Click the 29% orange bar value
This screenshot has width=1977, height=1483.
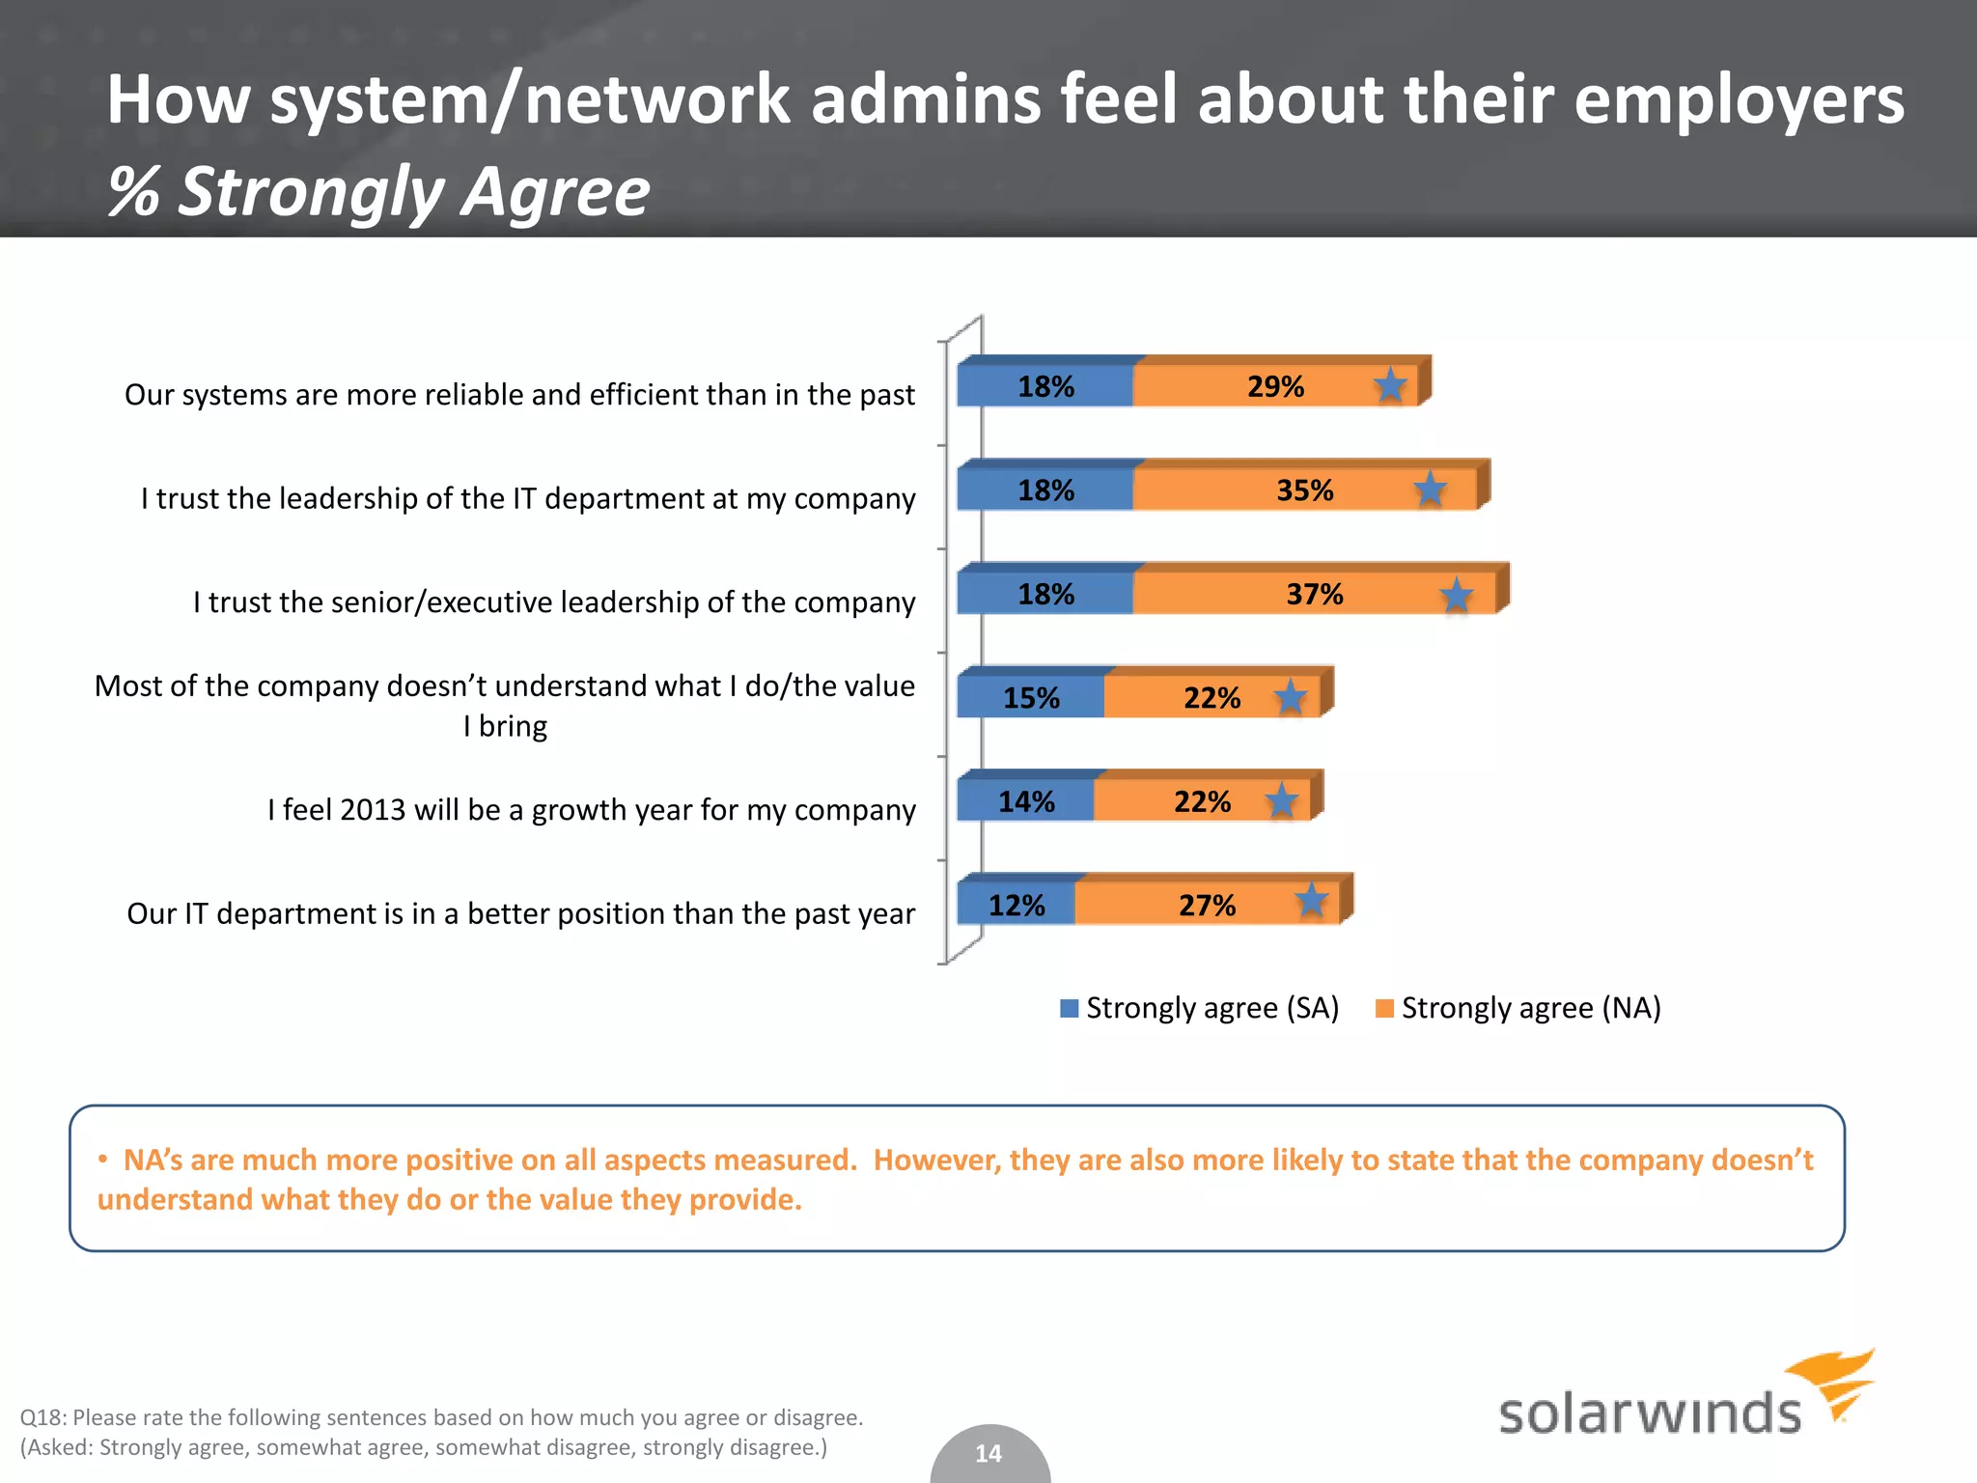click(x=1275, y=387)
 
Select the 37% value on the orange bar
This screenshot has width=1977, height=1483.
click(x=1314, y=595)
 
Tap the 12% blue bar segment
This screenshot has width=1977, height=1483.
click(x=1016, y=905)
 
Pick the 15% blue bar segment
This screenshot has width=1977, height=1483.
click(x=1031, y=698)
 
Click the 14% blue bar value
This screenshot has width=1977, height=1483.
click(x=1026, y=801)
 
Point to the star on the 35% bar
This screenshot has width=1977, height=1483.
click(x=1430, y=490)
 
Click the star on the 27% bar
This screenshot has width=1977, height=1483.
click(x=1311, y=901)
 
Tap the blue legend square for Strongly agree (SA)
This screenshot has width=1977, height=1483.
click(x=1069, y=1008)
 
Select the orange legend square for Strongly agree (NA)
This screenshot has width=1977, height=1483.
click(x=1384, y=1008)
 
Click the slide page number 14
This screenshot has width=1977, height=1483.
click(x=988, y=1453)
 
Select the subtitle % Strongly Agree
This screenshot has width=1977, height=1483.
click(x=378, y=191)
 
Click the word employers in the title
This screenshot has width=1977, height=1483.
click(x=1739, y=100)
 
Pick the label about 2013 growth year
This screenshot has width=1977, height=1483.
click(x=591, y=810)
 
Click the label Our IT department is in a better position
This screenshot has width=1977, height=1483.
click(x=520, y=913)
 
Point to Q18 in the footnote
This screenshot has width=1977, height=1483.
click(x=42, y=1417)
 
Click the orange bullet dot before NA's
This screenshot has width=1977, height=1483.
click(x=102, y=1160)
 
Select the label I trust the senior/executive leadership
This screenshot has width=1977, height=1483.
click(x=553, y=602)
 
